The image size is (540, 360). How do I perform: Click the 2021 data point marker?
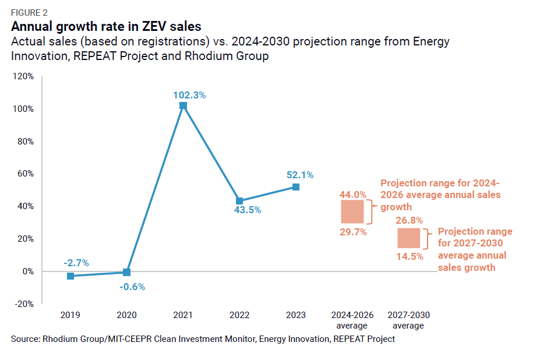click(183, 105)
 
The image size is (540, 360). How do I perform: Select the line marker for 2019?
click(70, 276)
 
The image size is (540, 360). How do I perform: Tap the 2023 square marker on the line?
click(296, 187)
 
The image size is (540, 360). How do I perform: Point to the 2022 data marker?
click(239, 201)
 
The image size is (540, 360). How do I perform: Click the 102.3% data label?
click(189, 95)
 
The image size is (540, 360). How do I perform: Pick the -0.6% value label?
click(132, 286)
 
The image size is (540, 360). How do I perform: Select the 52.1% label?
click(300, 174)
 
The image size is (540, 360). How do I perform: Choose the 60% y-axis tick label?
click(26, 174)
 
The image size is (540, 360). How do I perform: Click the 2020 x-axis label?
click(126, 315)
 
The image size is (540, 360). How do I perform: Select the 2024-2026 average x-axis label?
click(352, 320)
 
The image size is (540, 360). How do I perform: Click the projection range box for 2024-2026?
click(352, 212)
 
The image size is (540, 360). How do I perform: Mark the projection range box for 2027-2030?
click(408, 238)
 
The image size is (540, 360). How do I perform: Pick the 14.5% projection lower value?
click(410, 256)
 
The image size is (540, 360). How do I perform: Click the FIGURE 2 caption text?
click(30, 12)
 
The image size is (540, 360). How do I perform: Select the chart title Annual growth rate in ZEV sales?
click(106, 26)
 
